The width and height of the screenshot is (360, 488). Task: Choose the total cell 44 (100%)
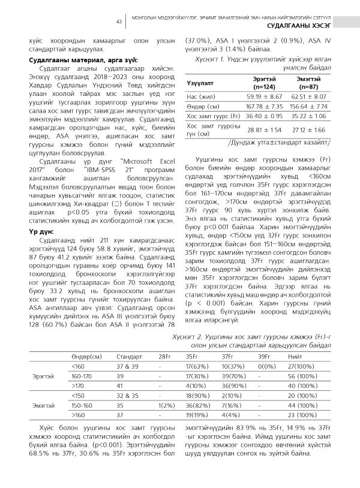pos(304,405)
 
